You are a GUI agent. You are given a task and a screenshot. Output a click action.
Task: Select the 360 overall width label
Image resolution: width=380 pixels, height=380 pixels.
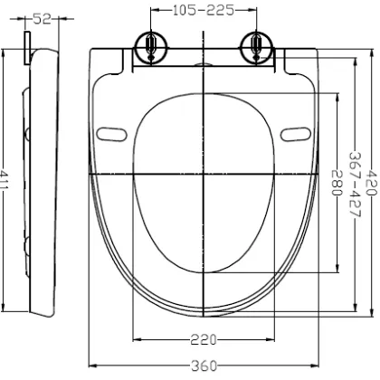(x=203, y=366)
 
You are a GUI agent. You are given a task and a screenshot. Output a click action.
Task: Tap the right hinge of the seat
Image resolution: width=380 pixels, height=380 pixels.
(x=257, y=45)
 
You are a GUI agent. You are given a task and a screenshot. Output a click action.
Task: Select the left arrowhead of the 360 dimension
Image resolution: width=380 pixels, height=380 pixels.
(x=92, y=367)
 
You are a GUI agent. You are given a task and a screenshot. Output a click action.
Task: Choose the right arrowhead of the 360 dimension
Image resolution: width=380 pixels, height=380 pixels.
(x=314, y=367)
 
